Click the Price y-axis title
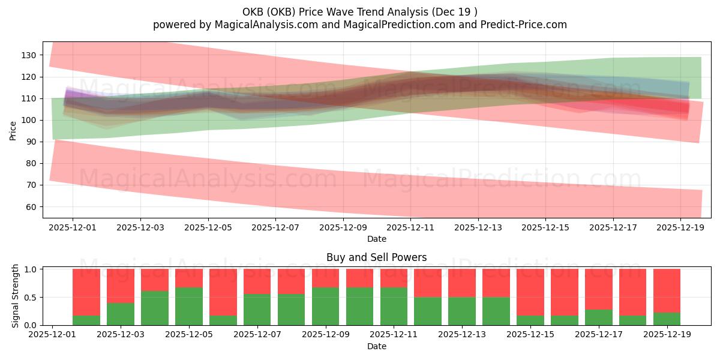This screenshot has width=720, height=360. [13, 130]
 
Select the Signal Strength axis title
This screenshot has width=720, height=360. [16, 296]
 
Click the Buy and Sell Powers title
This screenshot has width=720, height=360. [376, 257]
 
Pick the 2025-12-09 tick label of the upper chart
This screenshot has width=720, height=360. [343, 227]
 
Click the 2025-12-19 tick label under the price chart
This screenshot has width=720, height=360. [680, 227]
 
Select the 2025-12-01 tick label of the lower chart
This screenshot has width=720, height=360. [53, 335]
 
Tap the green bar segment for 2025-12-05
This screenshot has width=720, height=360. [189, 306]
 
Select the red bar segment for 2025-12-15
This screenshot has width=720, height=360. [530, 292]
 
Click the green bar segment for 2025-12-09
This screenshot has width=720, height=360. [325, 306]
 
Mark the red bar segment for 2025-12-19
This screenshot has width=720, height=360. [667, 290]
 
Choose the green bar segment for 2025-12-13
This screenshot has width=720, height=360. [462, 311]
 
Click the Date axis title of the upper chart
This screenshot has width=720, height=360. [376, 239]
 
